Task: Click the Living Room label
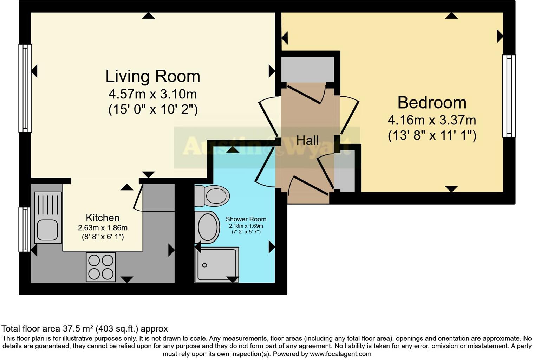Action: (153, 76)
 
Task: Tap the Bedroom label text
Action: (432, 103)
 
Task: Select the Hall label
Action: (307, 141)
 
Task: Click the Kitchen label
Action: (103, 218)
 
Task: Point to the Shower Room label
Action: (246, 219)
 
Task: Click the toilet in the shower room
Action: (212, 196)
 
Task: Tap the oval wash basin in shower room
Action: (208, 227)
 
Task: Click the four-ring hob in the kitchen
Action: (101, 267)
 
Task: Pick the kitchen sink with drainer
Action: (48, 218)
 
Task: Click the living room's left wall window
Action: (25, 88)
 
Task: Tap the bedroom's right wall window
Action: (509, 96)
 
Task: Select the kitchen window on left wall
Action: (24, 229)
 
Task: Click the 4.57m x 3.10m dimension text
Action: (152, 94)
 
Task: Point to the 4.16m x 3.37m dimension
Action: (432, 120)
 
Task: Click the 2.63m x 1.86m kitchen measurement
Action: (103, 228)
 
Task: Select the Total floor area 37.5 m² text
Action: (85, 329)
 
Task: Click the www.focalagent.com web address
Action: (340, 354)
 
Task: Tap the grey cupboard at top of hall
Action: (307, 69)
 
